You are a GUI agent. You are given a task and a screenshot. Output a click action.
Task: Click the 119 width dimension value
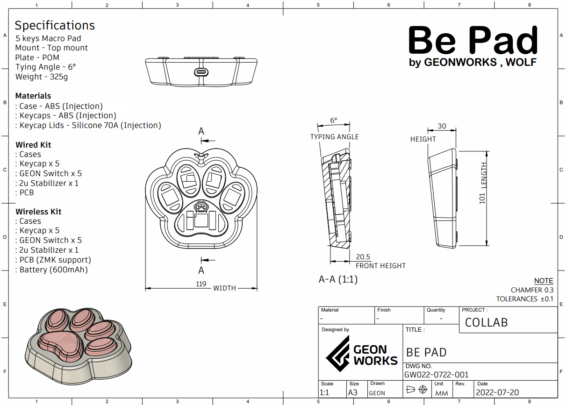tap(201, 284)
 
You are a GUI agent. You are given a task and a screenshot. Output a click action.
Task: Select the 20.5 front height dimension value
tap(363, 257)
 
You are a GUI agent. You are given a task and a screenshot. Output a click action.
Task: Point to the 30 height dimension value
tap(441, 126)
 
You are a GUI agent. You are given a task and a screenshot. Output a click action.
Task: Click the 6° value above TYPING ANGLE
tap(333, 121)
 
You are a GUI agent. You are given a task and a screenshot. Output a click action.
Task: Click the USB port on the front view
tap(201, 72)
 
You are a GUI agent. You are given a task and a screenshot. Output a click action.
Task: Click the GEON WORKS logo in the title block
tap(361, 355)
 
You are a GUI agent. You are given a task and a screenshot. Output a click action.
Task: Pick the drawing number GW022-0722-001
tap(437, 375)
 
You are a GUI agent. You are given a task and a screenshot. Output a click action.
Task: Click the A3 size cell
tap(352, 392)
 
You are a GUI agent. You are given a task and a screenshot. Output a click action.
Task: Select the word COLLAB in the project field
tap(486, 323)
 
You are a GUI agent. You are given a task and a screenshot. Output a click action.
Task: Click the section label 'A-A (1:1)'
tap(338, 279)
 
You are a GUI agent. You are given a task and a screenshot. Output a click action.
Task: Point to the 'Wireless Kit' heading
tap(38, 212)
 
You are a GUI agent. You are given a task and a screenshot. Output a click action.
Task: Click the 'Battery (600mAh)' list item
tap(53, 270)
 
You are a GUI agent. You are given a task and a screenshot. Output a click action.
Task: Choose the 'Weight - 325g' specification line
tap(42, 77)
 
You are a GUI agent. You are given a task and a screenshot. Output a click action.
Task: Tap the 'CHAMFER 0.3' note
tap(532, 290)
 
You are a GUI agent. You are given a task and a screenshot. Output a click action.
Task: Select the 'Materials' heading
tap(33, 96)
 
